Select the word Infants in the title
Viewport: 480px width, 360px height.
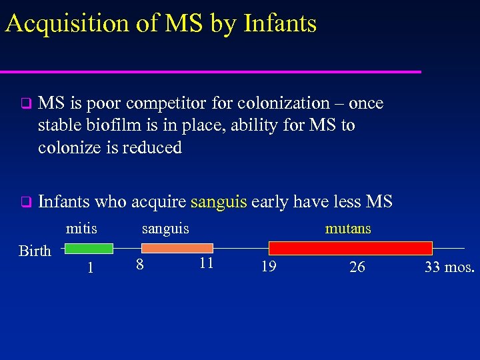(280, 23)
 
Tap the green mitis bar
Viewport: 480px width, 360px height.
(89, 249)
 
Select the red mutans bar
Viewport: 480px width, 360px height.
(350, 249)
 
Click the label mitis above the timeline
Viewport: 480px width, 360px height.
(81, 229)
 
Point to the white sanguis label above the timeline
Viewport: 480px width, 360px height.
(165, 229)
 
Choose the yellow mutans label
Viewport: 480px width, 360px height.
(348, 229)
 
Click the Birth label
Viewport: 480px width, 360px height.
(35, 251)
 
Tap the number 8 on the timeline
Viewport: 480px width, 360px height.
(139, 265)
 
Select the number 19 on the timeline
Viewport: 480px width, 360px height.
(269, 267)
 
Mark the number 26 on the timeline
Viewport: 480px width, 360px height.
(357, 267)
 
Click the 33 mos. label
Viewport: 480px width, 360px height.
(449, 267)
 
